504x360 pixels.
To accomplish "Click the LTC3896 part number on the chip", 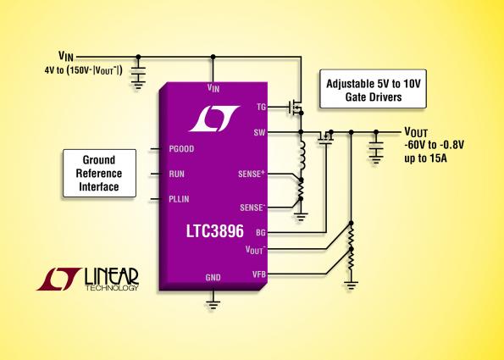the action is (214, 231).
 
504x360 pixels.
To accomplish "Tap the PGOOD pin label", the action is (181, 149).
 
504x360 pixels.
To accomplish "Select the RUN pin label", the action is (176, 174).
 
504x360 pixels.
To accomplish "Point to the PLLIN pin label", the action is (179, 199).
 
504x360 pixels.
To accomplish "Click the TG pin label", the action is (262, 107).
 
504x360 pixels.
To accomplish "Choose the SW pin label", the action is (259, 132).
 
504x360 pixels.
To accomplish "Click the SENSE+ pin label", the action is (252, 174).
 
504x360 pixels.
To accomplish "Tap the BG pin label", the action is (261, 232).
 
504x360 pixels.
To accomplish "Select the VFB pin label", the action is (259, 274).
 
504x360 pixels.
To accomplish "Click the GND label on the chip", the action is (213, 277).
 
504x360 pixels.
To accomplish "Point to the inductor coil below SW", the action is (302, 156).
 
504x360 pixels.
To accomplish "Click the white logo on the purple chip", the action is (214, 119).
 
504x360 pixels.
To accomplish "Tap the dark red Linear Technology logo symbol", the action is (58, 279).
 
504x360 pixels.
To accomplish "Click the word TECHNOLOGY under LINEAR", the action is (112, 288).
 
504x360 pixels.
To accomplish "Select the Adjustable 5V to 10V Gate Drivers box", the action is (373, 89).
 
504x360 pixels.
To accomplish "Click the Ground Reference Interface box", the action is (99, 174).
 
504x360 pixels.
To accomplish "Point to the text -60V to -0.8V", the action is (434, 145).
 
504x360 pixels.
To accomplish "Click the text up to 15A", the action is (425, 158).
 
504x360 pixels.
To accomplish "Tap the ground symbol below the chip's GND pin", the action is (213, 304).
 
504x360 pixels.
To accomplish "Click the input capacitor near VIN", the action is (138, 71).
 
